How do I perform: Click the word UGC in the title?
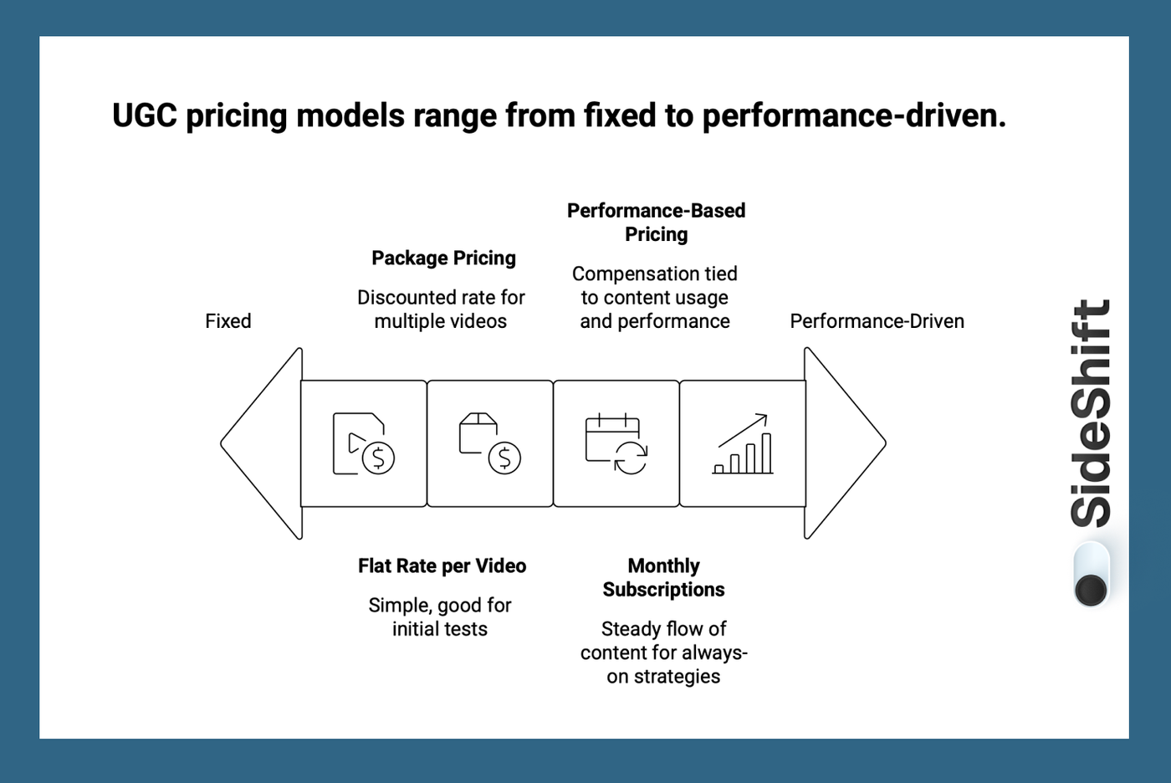144,115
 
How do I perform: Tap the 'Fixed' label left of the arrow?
228,321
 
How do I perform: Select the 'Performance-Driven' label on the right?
877,321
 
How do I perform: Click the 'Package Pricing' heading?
443,258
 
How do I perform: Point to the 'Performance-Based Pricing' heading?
656,223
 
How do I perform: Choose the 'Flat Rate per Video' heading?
442,566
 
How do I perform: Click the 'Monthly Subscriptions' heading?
663,578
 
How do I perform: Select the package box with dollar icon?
489,444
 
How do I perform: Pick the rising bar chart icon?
743,444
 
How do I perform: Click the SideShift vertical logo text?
1091,413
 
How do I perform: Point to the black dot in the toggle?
1091,590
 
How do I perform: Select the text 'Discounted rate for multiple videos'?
441,310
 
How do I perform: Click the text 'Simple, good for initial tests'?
440,617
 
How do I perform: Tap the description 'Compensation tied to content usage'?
655,286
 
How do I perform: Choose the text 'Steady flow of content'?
663,641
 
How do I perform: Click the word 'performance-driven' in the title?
853,115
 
